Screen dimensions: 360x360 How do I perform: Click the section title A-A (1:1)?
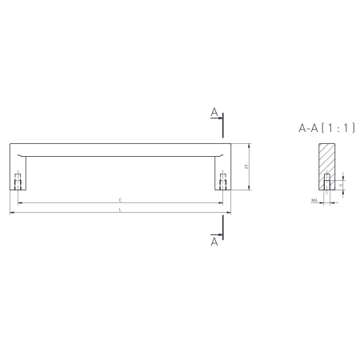(x=326, y=127)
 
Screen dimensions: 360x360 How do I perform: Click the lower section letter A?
(x=214, y=240)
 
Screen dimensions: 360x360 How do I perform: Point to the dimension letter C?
(x=120, y=200)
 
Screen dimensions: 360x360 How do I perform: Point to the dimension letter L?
(x=120, y=210)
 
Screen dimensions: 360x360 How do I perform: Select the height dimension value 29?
(x=246, y=167)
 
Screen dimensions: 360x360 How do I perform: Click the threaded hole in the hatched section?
(x=326, y=182)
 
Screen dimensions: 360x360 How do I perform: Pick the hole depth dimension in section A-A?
(x=342, y=183)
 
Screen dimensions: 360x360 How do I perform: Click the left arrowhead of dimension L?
(x=11, y=214)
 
